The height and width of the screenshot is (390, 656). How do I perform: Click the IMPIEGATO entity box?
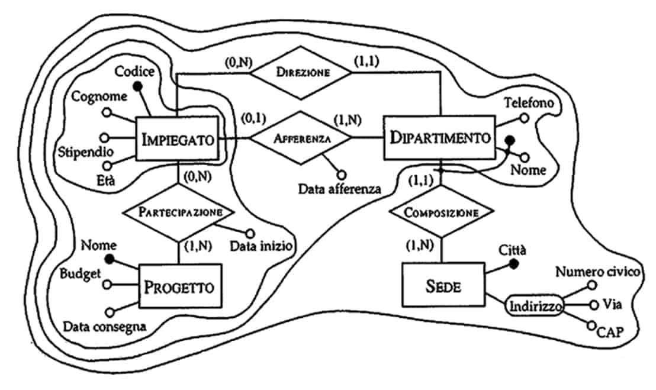click(177, 140)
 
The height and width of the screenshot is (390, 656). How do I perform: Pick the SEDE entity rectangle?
click(443, 286)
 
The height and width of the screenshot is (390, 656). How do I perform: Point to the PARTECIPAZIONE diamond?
click(178, 212)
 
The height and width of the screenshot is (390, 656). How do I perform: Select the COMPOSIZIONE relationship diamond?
click(440, 212)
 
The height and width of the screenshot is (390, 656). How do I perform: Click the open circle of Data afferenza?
click(340, 174)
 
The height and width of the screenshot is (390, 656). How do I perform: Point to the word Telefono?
click(529, 102)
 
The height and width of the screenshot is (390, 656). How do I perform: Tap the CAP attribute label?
click(610, 332)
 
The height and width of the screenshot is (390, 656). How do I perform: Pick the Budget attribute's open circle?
click(107, 284)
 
